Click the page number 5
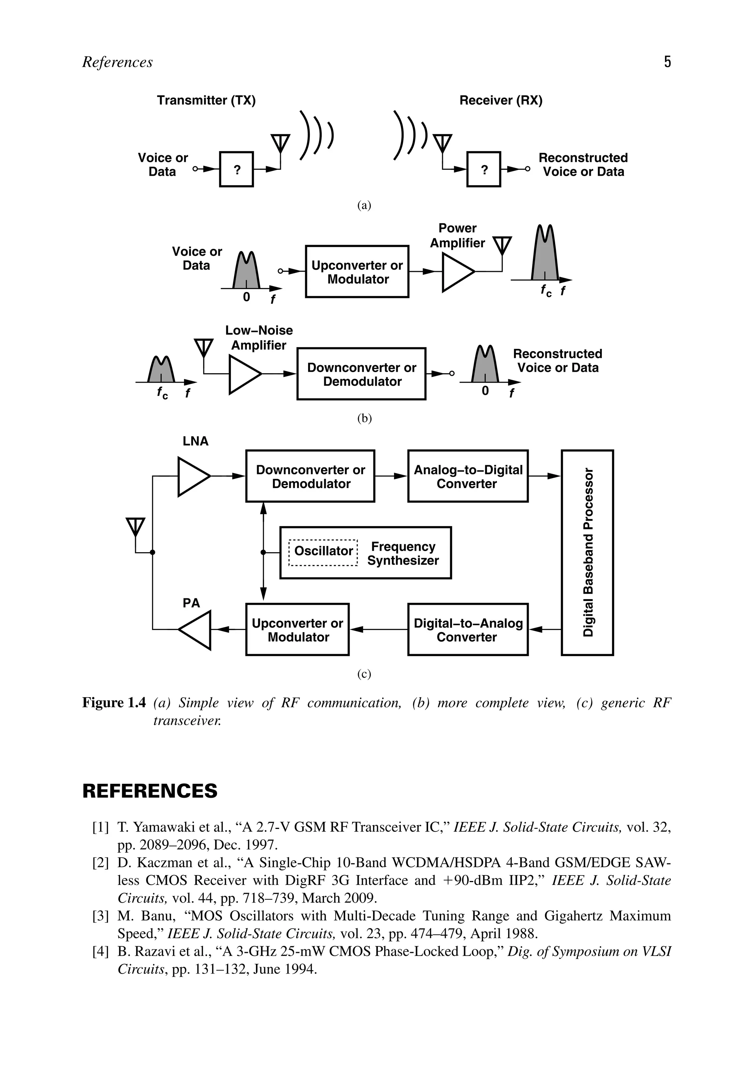pos(667,62)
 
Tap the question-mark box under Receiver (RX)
pos(484,170)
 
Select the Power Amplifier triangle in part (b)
pos(456,272)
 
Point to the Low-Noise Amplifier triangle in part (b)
pos(243,374)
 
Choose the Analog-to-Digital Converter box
pos(468,476)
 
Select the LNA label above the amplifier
pos(195,441)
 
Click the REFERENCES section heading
pos(150,791)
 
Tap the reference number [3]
pos(101,916)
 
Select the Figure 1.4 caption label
pos(114,703)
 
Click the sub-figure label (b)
pos(364,418)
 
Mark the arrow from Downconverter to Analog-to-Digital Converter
pos(391,476)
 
